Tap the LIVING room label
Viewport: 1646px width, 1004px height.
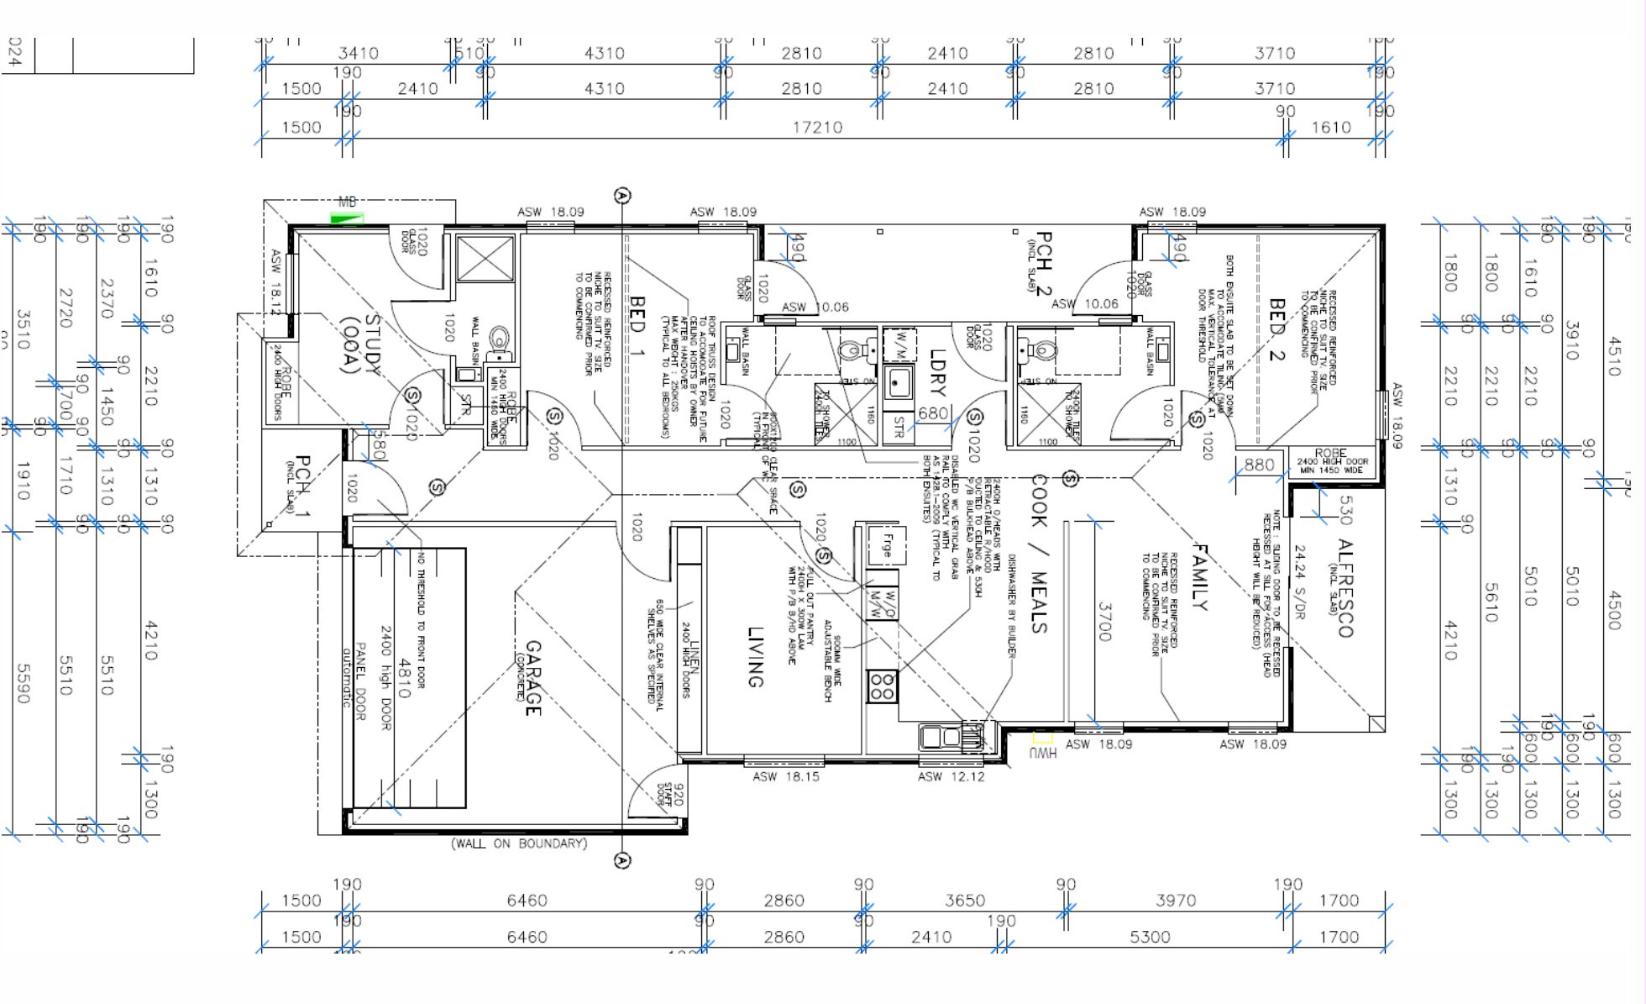[x=755, y=657]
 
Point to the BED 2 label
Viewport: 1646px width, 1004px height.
[x=1276, y=329]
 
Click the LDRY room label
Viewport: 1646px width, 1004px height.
[x=938, y=372]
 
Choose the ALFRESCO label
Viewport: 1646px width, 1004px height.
[x=1344, y=588]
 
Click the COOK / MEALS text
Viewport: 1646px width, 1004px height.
[x=1039, y=554]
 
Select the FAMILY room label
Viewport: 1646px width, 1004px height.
[x=1199, y=577]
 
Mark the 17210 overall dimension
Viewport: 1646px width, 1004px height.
[x=817, y=127]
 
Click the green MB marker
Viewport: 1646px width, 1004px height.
[x=347, y=219]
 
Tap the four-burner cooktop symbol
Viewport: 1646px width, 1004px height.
[x=882, y=686]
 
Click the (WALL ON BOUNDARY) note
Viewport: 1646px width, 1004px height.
[x=519, y=843]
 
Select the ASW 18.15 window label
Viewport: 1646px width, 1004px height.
[x=785, y=776]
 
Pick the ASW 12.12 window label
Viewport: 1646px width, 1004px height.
[x=951, y=776]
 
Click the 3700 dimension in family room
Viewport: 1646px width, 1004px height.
[x=1104, y=621]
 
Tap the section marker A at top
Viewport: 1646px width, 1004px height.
[x=622, y=196]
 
